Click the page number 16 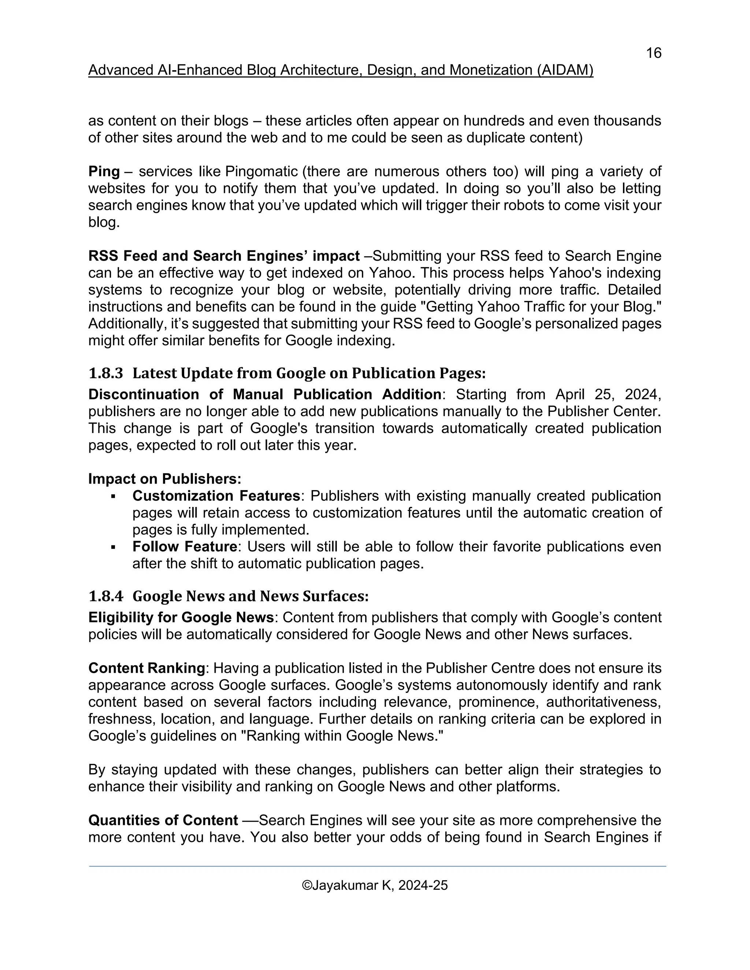click(x=653, y=53)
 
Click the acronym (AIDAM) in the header click(x=565, y=70)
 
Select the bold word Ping click(x=104, y=171)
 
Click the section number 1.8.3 click(x=105, y=373)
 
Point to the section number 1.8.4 click(x=105, y=596)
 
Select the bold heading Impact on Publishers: click(x=164, y=479)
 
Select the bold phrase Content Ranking click(x=146, y=668)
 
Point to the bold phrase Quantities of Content click(x=163, y=820)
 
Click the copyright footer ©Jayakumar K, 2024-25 click(x=375, y=885)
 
